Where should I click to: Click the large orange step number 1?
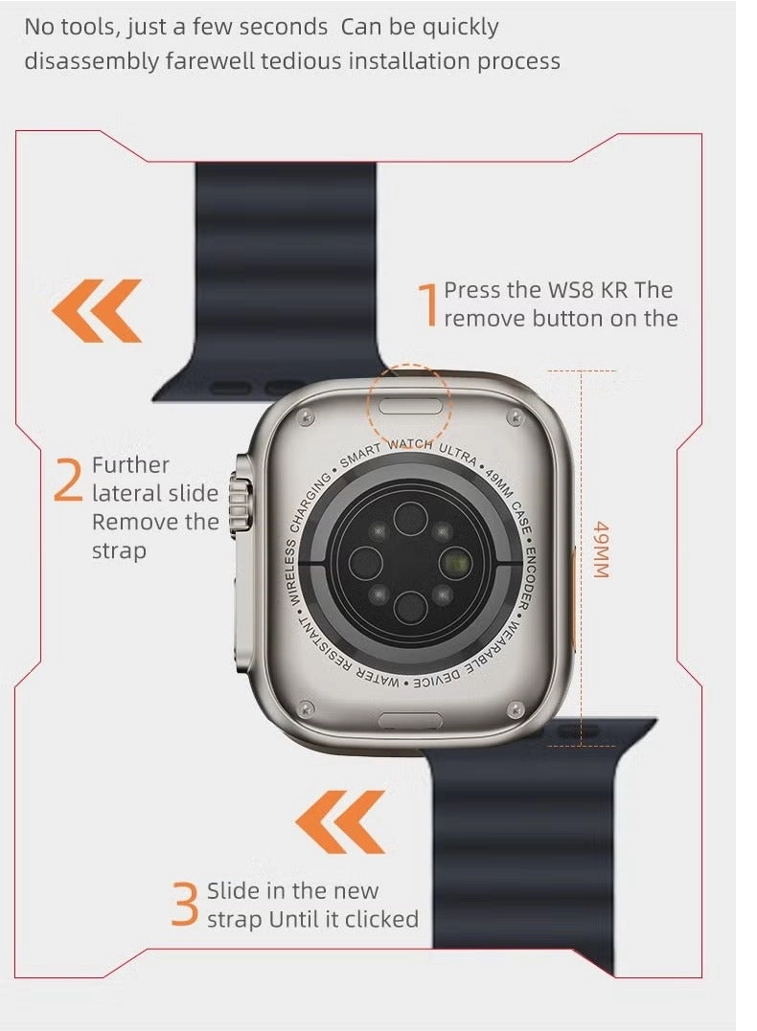(x=428, y=304)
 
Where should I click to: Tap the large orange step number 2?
(x=68, y=480)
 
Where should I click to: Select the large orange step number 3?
(x=185, y=905)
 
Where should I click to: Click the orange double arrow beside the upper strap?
(x=97, y=311)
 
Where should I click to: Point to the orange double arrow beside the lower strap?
(x=340, y=822)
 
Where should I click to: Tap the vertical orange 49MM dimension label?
(x=601, y=549)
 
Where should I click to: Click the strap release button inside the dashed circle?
(x=412, y=406)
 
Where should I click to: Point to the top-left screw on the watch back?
(x=305, y=416)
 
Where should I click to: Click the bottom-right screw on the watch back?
(x=516, y=708)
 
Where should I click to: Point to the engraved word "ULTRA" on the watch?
(x=458, y=455)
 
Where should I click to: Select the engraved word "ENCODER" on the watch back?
(x=524, y=578)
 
